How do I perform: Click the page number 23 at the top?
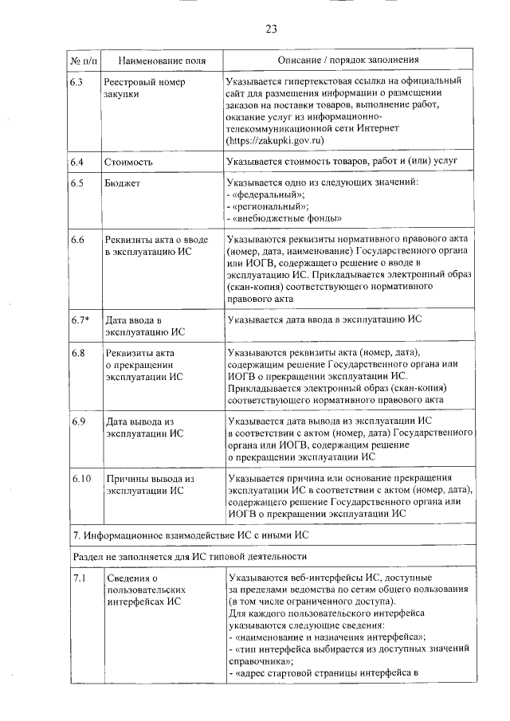tap(270, 29)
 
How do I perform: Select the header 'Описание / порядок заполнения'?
tap(348, 61)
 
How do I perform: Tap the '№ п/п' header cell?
tap(82, 61)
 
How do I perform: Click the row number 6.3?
tap(77, 82)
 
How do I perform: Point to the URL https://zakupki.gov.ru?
tap(276, 139)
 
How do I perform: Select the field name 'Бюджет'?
tap(120, 184)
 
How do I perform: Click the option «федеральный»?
tap(267, 195)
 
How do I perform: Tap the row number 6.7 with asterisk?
tap(80, 319)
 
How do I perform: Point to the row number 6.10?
tap(80, 479)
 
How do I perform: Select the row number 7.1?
tap(76, 578)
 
